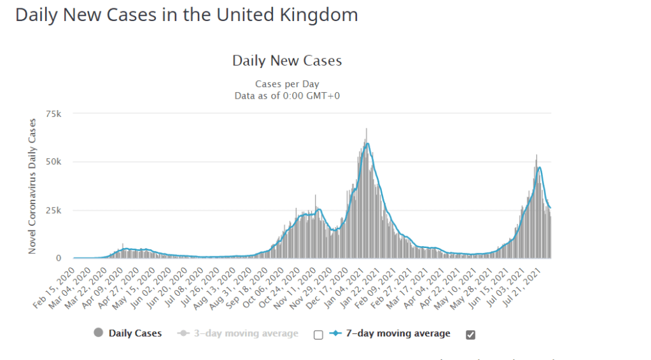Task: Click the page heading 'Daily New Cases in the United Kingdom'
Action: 186,15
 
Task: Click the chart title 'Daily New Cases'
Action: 287,61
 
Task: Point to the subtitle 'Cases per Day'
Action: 287,84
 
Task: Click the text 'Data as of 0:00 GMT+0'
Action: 287,95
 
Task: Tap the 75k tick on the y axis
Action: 53,114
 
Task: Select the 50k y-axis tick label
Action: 53,162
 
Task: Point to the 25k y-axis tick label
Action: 53,210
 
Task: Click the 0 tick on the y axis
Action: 59,258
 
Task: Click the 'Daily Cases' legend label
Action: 135,333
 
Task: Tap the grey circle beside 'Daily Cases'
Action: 98,333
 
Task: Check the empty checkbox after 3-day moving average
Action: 318,335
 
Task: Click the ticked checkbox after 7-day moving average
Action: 470,335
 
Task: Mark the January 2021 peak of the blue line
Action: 367,144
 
